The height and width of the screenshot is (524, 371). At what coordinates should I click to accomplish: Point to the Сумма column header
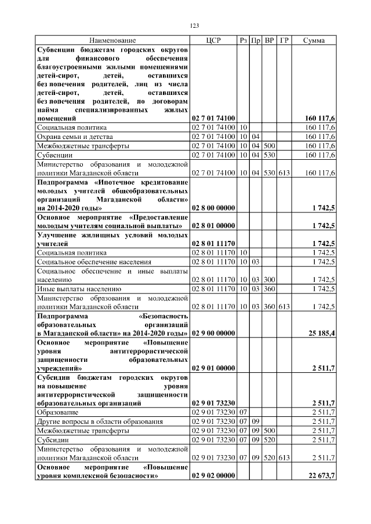314,41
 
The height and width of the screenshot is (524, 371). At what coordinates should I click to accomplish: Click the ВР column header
270,41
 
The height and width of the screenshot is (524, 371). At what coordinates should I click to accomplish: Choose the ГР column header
284,41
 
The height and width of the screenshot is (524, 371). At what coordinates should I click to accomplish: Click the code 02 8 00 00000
213,207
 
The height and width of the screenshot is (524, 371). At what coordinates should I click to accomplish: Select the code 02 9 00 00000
213,333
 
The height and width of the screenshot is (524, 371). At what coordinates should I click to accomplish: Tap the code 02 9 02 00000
213,475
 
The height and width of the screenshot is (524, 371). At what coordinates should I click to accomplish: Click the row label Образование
59,412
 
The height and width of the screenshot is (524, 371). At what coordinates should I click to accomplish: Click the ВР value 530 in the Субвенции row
270,155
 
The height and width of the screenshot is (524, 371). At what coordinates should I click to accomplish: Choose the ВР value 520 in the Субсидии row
270,441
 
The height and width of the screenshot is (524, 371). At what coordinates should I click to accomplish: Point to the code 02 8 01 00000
213,225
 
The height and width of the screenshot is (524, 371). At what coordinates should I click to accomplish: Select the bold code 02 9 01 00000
213,368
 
